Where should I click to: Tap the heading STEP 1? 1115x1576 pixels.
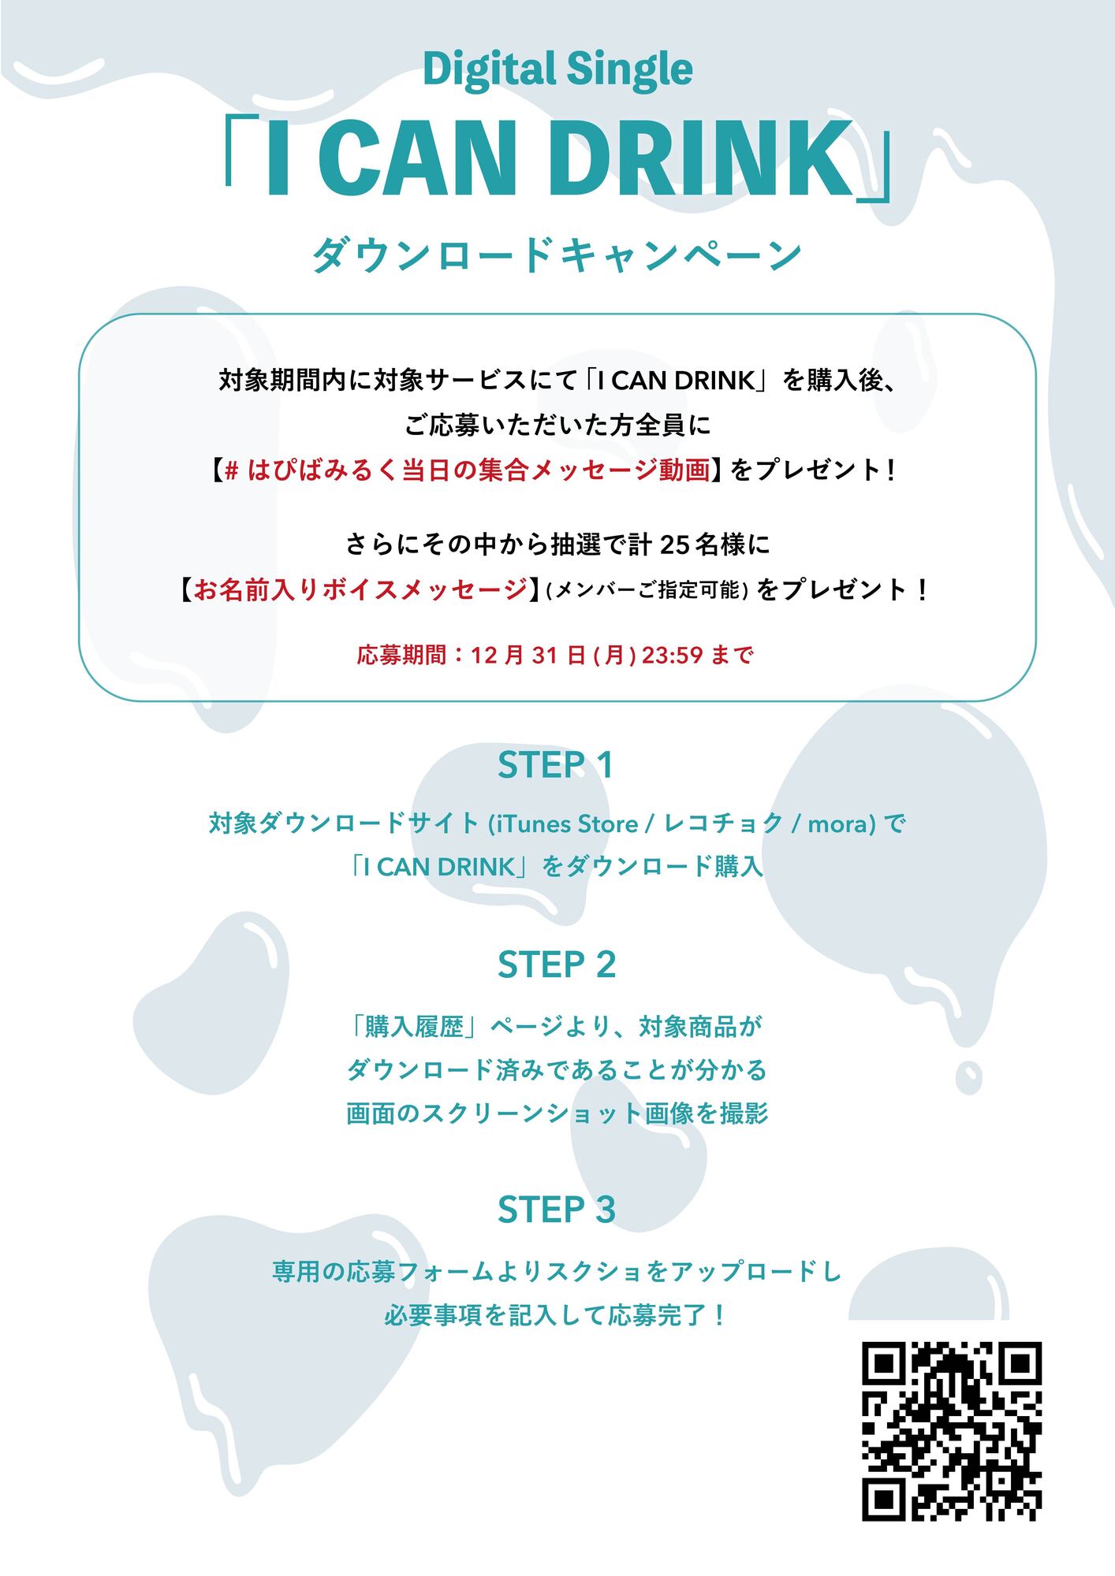coord(556,765)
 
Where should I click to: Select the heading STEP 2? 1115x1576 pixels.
coord(557,965)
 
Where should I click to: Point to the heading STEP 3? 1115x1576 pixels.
coord(557,1210)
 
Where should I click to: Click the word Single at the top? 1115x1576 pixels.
coord(624,69)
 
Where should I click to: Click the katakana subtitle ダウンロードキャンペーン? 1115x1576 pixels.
coord(557,255)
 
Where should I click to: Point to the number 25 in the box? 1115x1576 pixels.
coord(675,545)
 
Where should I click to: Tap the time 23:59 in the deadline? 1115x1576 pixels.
coord(672,655)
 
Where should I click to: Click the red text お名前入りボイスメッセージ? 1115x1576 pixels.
coord(360,589)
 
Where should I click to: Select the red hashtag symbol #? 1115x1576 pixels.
coord(232,470)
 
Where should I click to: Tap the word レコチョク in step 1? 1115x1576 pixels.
coord(724,824)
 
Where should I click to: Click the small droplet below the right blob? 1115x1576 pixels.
coord(968,1076)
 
